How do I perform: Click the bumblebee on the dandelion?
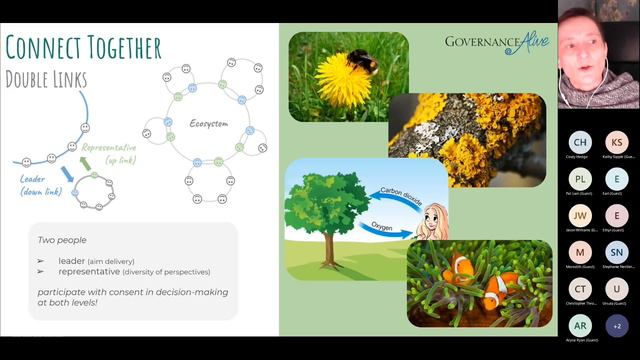click(x=361, y=62)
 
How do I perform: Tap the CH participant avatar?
click(x=580, y=142)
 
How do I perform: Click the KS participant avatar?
click(x=617, y=142)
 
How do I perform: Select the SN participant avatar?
click(x=617, y=252)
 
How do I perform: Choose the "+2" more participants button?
click(x=617, y=325)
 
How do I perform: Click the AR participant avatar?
click(x=580, y=325)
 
